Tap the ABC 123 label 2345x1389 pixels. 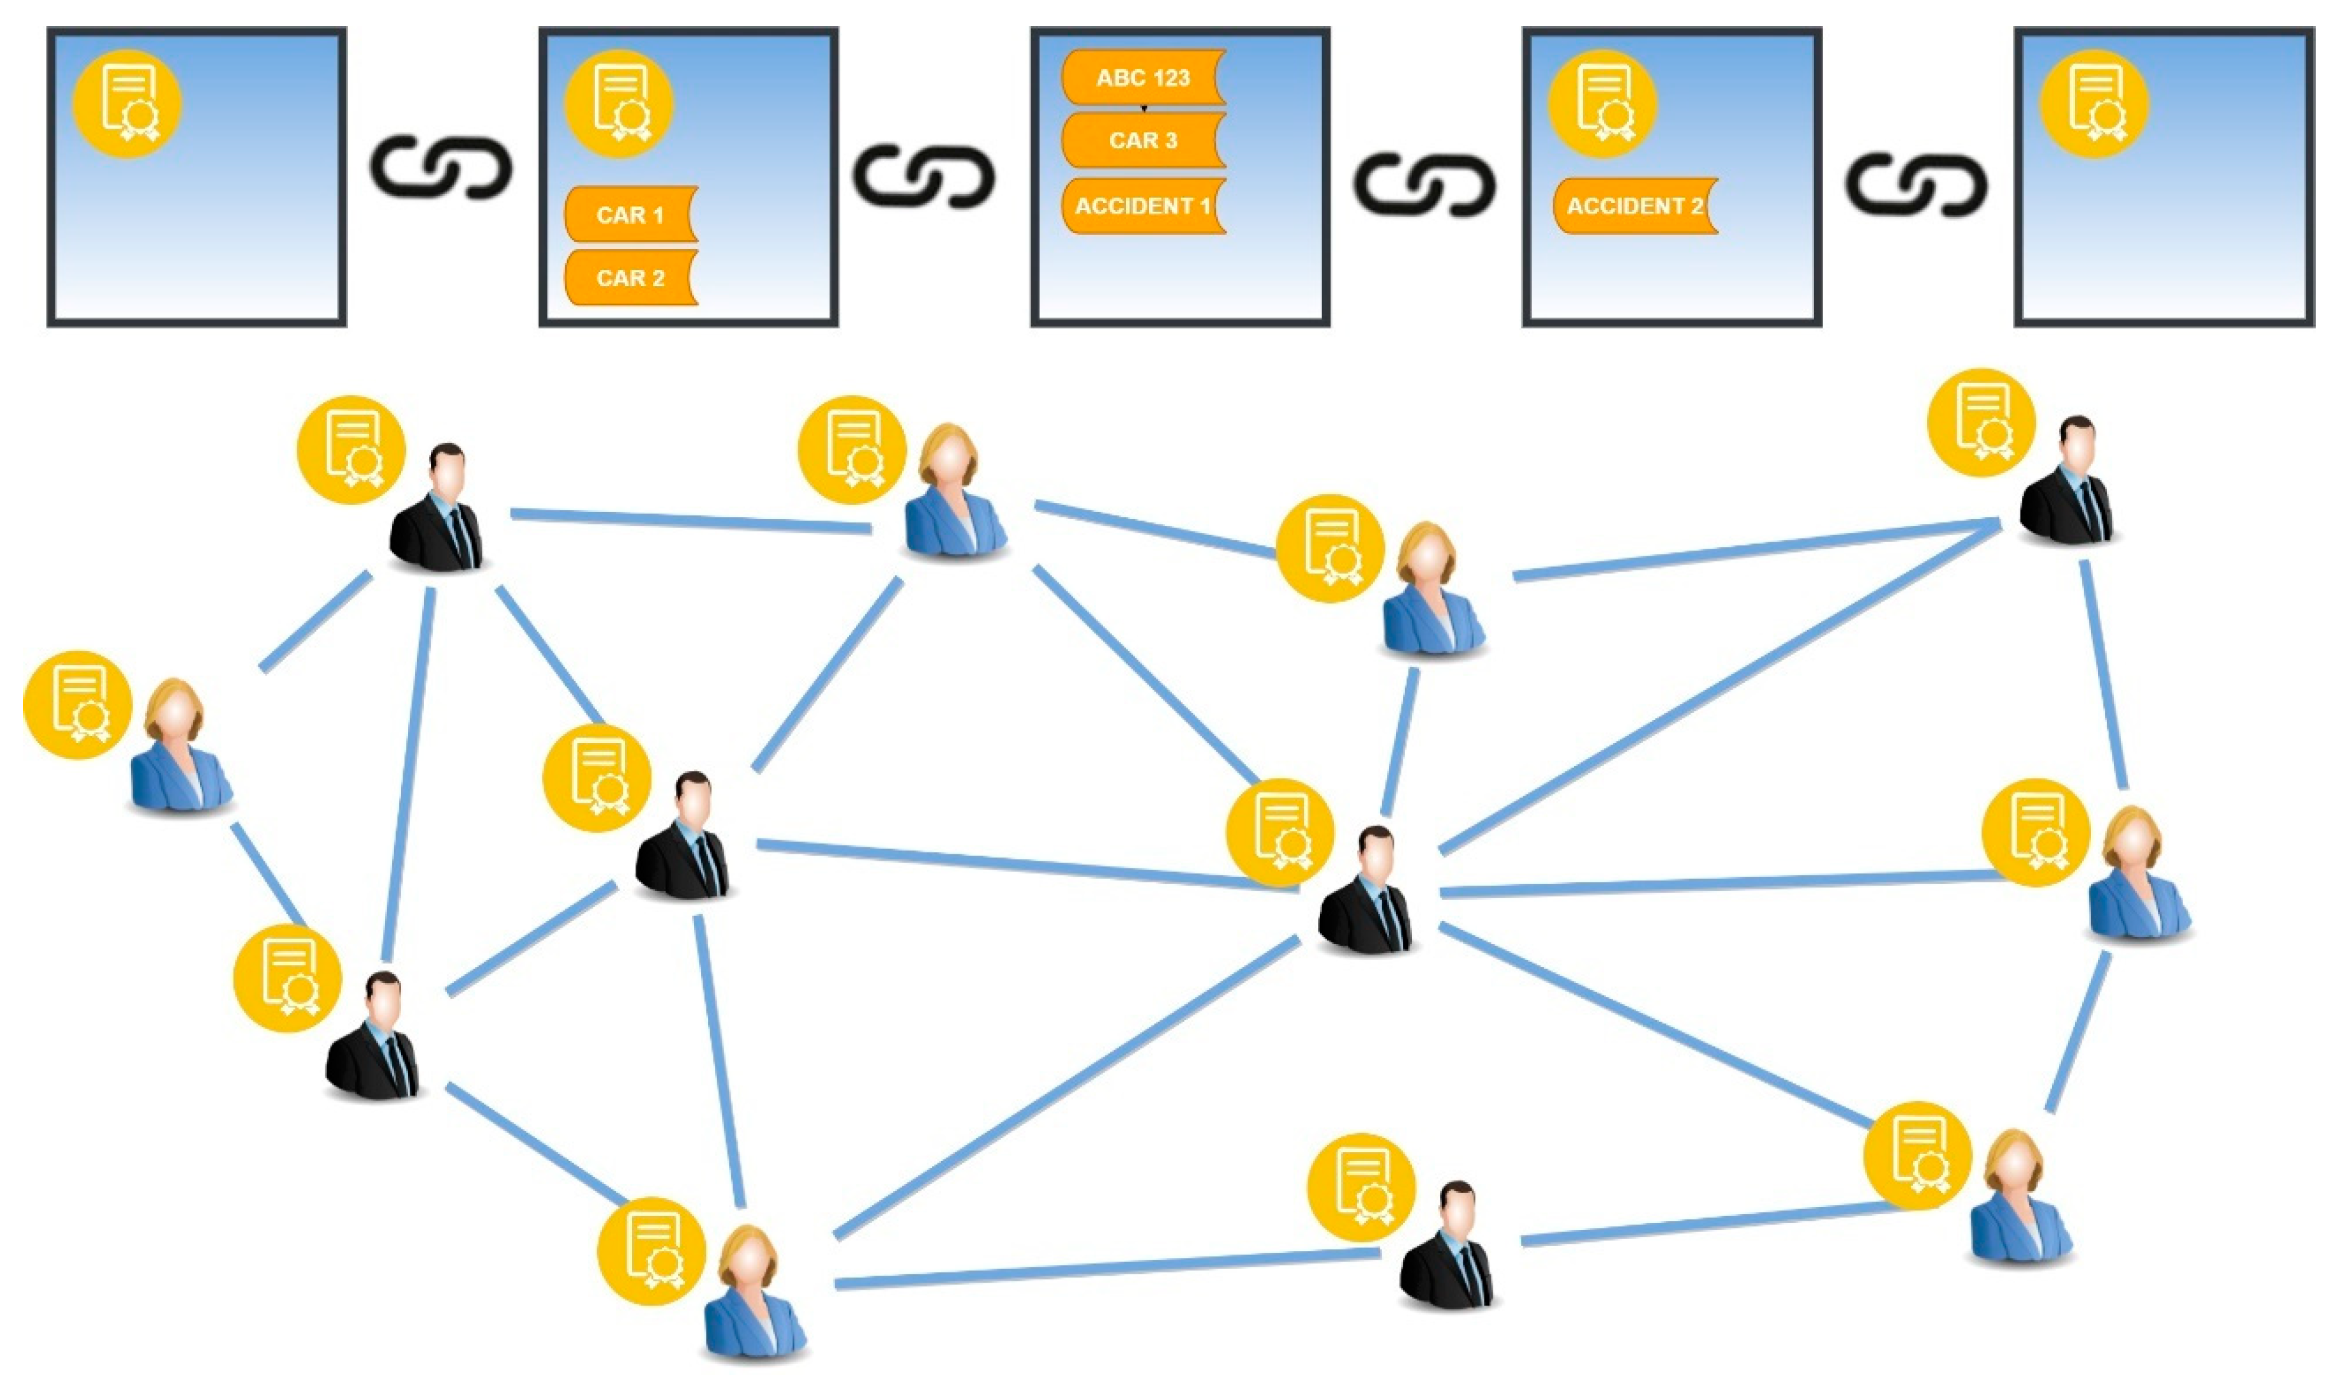click(1143, 78)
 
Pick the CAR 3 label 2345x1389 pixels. click(1143, 141)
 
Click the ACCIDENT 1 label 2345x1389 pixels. click(1143, 206)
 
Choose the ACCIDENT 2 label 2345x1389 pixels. click(1635, 206)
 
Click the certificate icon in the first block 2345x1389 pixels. click(127, 103)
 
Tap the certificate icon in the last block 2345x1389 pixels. click(2094, 103)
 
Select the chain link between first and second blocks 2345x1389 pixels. click(442, 169)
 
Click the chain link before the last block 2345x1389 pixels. click(1917, 183)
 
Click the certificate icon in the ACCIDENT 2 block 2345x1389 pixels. click(1602, 103)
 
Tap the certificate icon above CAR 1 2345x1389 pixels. click(619, 103)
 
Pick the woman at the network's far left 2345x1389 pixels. click(180, 749)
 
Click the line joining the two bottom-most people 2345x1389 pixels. click(1104, 1269)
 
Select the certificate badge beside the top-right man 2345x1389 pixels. click(1981, 422)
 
